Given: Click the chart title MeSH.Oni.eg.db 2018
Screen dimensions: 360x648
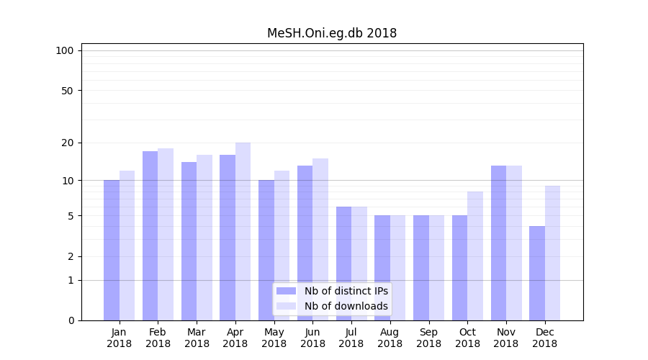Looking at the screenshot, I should click(332, 33).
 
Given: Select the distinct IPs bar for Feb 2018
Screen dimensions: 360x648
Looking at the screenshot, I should click(150, 235).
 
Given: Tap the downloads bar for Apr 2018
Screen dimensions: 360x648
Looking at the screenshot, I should click(243, 231).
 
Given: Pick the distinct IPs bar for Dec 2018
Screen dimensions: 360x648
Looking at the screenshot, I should click(537, 273).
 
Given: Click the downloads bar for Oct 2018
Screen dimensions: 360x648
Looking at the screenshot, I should click(475, 256).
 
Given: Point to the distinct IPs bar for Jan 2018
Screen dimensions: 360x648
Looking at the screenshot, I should click(112, 250).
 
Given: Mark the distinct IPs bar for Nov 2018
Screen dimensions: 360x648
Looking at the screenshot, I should click(498, 243).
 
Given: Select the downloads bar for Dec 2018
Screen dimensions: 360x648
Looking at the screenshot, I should click(552, 253).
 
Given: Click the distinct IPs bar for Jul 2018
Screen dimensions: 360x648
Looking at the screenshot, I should click(343, 264).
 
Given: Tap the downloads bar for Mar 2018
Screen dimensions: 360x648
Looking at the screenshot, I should click(204, 238).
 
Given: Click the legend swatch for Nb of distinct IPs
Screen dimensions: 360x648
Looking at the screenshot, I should click(286, 291).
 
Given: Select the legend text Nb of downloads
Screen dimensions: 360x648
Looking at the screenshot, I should click(346, 306).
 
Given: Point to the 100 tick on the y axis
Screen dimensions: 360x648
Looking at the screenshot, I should click(65, 50).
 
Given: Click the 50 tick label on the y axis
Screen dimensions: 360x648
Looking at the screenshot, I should click(67, 91).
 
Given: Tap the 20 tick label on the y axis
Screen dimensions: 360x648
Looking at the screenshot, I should click(67, 143).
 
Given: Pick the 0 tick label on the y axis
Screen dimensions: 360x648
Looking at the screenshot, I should click(71, 320).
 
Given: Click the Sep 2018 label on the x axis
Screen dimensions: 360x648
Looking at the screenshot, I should click(428, 338).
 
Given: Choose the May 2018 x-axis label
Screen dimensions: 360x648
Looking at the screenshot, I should click(274, 338).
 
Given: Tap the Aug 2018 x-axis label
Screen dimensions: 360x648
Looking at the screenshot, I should click(390, 338).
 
